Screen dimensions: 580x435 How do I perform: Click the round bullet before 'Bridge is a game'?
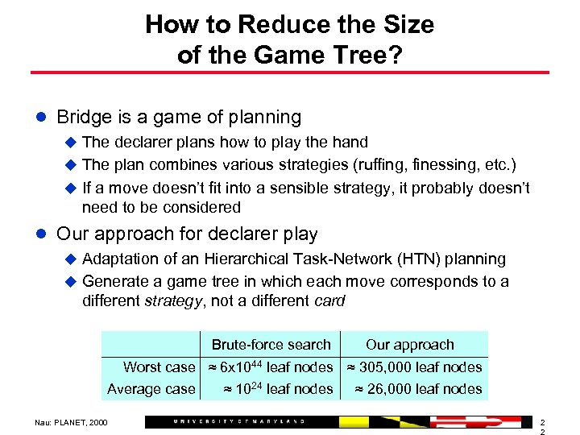[x=41, y=118]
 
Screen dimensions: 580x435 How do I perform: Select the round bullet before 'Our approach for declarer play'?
[x=41, y=234]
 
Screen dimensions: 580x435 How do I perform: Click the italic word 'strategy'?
[x=173, y=301]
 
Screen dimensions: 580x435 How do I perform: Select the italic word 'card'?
[x=328, y=301]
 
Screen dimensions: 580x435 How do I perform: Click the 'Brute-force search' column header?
[x=271, y=345]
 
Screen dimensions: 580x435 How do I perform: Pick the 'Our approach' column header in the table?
[x=409, y=345]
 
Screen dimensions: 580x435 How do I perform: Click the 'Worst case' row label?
[x=159, y=367]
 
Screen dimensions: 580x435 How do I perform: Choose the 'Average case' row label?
[x=151, y=389]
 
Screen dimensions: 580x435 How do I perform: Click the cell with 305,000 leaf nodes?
[x=414, y=367]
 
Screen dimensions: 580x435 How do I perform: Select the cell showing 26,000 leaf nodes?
[x=419, y=389]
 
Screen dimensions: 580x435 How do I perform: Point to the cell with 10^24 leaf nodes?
[x=278, y=389]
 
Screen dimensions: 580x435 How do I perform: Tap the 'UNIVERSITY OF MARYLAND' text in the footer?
[x=238, y=421]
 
